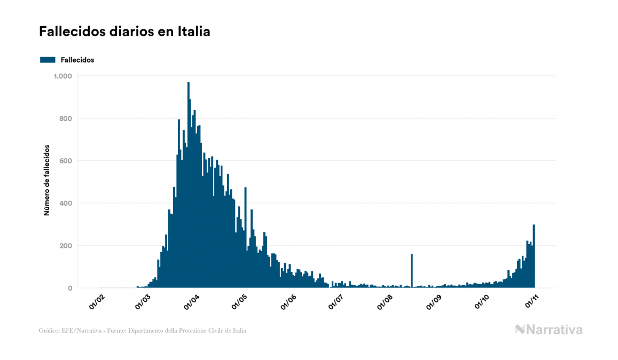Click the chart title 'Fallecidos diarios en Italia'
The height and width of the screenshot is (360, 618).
(124, 32)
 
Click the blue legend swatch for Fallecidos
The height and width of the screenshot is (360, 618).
(48, 60)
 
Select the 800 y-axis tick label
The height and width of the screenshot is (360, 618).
(65, 119)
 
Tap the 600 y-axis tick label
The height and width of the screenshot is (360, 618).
(65, 161)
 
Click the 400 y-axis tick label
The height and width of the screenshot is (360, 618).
(65, 204)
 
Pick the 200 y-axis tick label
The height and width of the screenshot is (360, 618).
(65, 246)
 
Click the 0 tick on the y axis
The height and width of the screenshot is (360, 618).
(69, 288)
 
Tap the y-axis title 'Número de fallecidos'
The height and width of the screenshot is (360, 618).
(46, 180)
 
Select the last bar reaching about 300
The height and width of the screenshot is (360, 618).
(534, 256)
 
